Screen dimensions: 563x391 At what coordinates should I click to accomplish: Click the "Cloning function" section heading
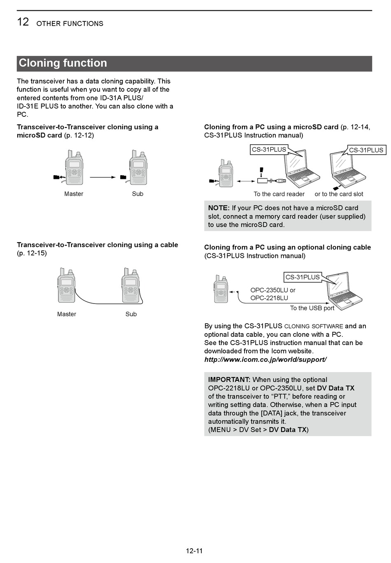click(x=63, y=63)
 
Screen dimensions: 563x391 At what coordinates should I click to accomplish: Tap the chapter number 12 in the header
click(x=23, y=21)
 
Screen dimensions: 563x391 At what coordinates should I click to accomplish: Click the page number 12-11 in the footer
click(x=194, y=551)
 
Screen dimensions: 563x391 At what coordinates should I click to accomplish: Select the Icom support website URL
click(x=265, y=359)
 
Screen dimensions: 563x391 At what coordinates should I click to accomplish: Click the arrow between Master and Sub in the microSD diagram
click(x=103, y=177)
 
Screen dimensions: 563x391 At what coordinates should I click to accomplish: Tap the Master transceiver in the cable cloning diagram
click(x=67, y=285)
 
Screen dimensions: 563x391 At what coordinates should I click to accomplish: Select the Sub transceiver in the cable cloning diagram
click(x=131, y=285)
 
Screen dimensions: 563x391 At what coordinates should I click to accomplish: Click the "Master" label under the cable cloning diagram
click(x=67, y=314)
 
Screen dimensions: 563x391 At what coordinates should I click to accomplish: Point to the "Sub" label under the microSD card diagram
click(x=137, y=194)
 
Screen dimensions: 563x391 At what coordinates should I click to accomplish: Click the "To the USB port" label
click(x=312, y=308)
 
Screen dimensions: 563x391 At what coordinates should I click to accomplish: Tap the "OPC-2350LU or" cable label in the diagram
click(x=273, y=290)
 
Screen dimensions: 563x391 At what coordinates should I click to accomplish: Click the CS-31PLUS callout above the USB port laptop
click(x=303, y=277)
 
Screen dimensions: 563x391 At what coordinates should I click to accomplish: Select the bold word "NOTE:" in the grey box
click(x=219, y=208)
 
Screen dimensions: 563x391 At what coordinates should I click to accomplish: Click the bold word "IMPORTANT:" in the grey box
click(x=229, y=380)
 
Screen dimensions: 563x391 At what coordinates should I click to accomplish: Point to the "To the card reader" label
click(x=279, y=194)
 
